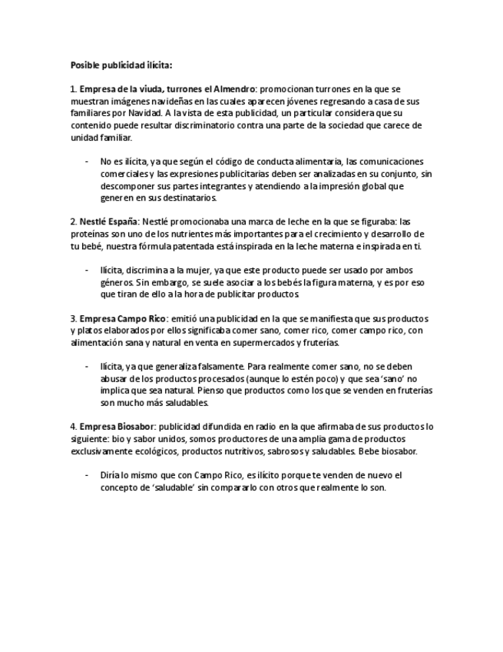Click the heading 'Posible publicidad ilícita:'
pyautogui.click(x=121, y=65)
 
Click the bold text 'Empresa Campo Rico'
pyautogui.click(x=123, y=318)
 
